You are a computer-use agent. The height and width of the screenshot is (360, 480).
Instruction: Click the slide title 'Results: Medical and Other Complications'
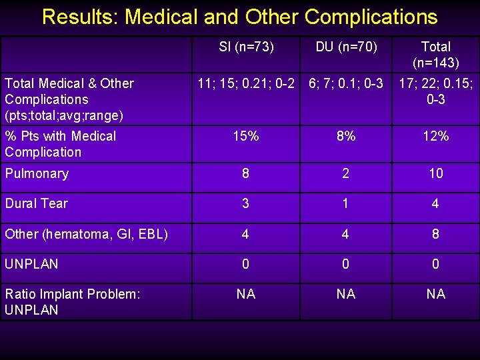(240, 17)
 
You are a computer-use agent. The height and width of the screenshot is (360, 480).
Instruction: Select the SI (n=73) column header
(246, 47)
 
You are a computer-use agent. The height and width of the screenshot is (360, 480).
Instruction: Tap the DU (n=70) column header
(346, 47)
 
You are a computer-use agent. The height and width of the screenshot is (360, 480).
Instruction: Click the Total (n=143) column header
(435, 55)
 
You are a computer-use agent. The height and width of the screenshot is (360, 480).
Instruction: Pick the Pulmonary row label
(37, 173)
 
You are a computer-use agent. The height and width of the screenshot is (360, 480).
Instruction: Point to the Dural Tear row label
(37, 203)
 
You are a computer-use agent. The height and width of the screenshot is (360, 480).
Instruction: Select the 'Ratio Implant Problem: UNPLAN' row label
(73, 301)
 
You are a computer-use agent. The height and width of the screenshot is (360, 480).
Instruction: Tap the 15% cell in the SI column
(246, 136)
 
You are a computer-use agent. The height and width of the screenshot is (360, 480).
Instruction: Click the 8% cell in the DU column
(346, 136)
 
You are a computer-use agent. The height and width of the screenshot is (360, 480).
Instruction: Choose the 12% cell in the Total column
(435, 136)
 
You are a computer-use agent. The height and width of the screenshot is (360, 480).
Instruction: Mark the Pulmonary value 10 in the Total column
(435, 173)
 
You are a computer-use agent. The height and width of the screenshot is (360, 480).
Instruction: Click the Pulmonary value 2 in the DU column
(346, 173)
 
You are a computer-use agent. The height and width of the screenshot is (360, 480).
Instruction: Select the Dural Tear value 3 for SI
(246, 203)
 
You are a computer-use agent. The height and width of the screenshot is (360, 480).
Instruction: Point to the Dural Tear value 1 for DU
(346, 203)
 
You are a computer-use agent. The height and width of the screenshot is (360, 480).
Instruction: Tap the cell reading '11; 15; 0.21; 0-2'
(246, 83)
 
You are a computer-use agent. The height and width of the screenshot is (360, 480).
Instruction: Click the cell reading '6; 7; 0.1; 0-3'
(346, 83)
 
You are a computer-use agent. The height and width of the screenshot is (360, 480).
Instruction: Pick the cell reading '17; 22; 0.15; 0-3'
(435, 91)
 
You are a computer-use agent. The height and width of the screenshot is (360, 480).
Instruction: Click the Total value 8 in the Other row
(435, 234)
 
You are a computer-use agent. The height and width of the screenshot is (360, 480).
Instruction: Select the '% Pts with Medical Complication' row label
(60, 144)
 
